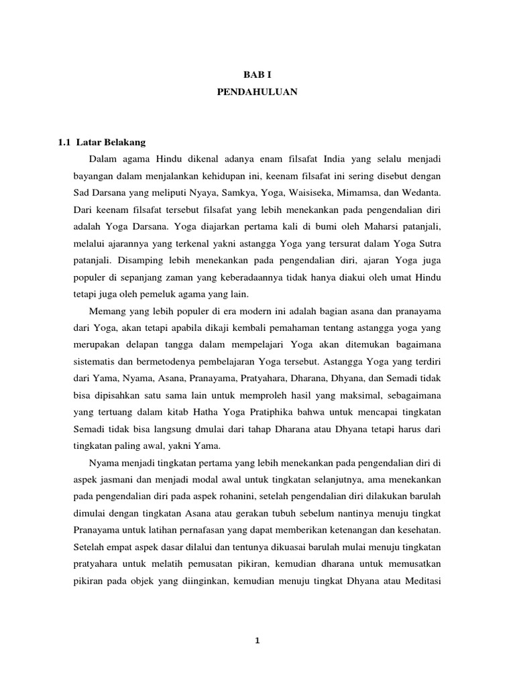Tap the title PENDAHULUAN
tap(257, 94)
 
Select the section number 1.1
tap(64, 142)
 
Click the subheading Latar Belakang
tap(111, 142)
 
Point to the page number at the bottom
tap(257, 641)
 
